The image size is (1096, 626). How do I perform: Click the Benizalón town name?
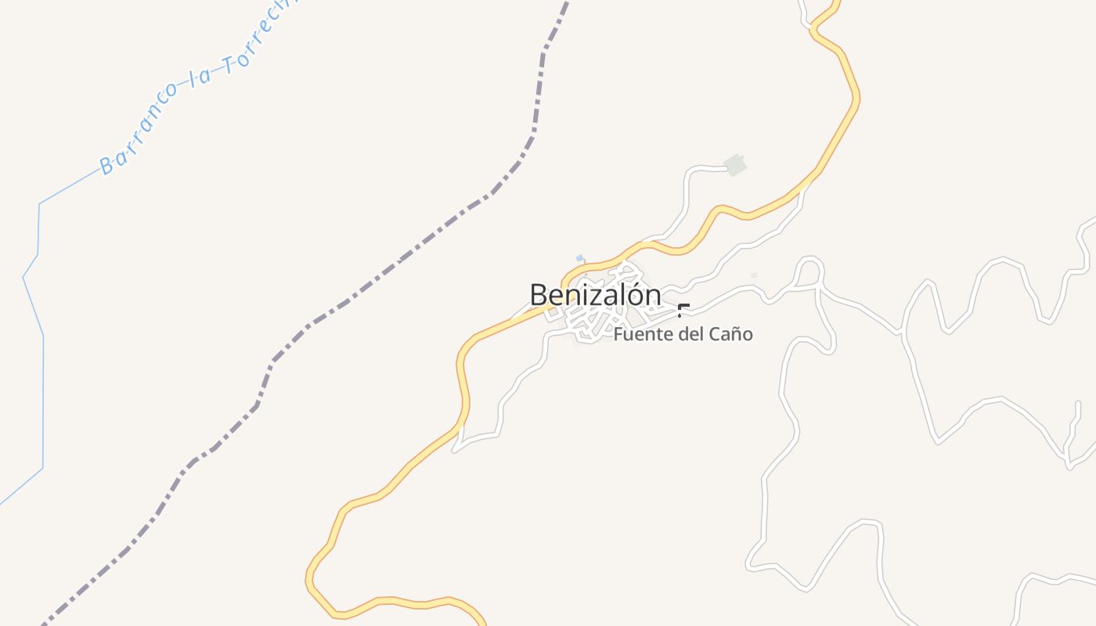tap(595, 295)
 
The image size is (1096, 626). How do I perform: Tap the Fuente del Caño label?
tap(683, 334)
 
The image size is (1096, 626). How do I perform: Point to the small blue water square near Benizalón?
tap(579, 258)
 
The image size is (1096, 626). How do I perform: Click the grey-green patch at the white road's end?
tap(734, 165)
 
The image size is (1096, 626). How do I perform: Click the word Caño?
tap(730, 334)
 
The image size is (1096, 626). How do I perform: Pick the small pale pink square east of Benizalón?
tap(754, 275)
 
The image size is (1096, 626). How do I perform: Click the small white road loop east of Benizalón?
tap(809, 270)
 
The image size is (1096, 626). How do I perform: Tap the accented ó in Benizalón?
tap(634, 294)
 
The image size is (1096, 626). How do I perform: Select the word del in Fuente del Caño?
tap(689, 334)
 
